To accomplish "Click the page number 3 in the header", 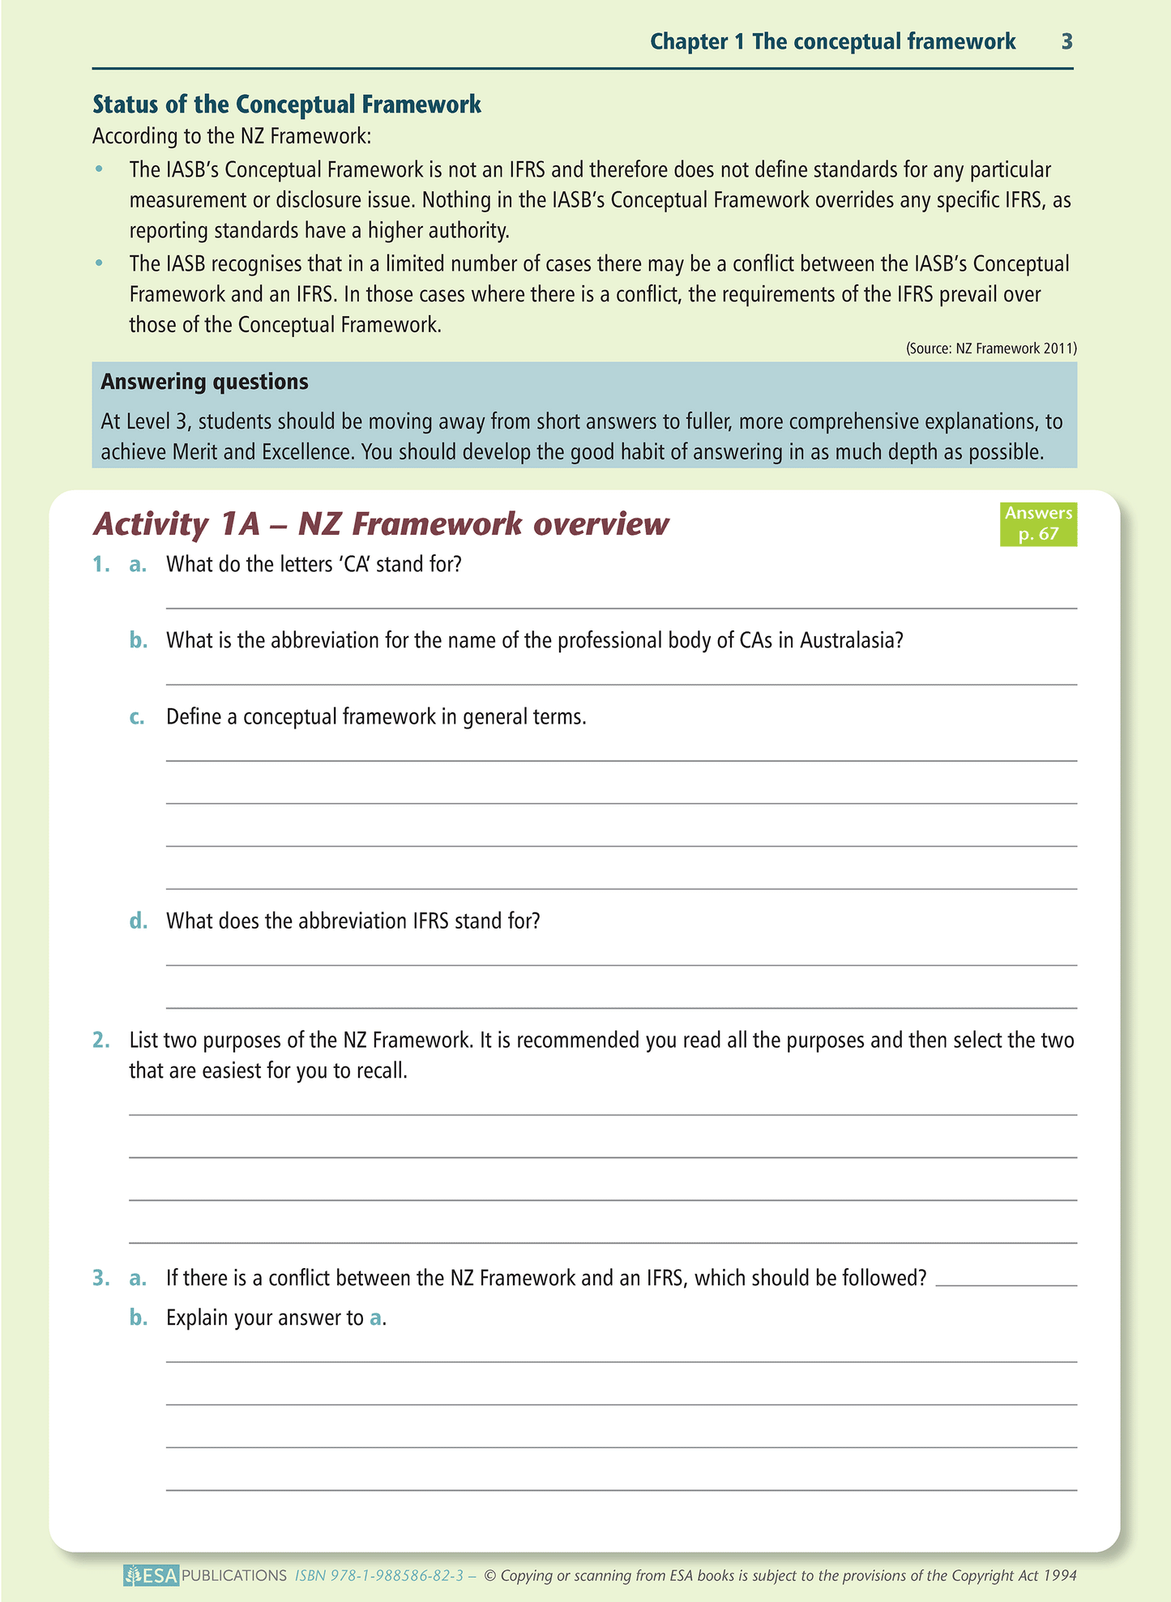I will (x=1066, y=42).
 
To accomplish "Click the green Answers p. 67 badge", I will (x=1038, y=523).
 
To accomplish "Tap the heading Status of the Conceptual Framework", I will (x=287, y=105).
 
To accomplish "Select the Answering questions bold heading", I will (x=204, y=382).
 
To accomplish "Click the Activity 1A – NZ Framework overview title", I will (x=381, y=524).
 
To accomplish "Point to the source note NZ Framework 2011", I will (x=991, y=348).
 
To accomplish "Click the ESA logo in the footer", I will (x=152, y=1575).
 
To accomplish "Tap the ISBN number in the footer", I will (x=379, y=1575).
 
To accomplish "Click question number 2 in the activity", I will (x=100, y=1040).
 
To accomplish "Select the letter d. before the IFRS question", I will (x=138, y=921).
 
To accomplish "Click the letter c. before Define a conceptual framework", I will (x=137, y=717).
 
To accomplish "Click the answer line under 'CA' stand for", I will (x=621, y=606).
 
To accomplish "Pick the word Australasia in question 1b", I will (x=851, y=641).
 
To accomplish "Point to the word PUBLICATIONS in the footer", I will (x=234, y=1575).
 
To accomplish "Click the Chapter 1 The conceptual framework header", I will (x=832, y=42).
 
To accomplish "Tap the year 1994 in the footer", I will (x=1059, y=1575).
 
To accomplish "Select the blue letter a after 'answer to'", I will (x=375, y=1318).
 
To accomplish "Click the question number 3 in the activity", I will (x=100, y=1278).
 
